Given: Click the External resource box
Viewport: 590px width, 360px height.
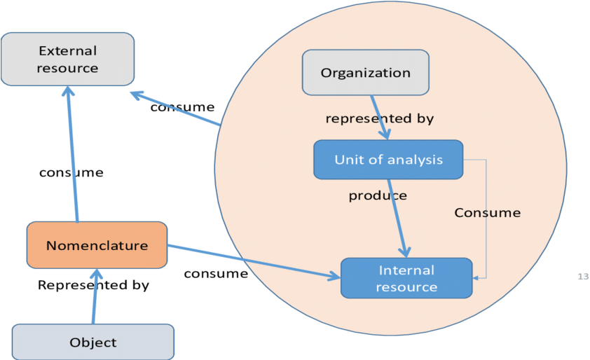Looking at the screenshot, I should tap(67, 60).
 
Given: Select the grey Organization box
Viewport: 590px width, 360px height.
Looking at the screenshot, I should tap(365, 73).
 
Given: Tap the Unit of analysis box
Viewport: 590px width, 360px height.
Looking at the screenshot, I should tap(388, 160).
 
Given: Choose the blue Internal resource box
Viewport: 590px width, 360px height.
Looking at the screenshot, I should tap(406, 278).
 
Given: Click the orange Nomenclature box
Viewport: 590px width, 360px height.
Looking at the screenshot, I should tap(97, 245).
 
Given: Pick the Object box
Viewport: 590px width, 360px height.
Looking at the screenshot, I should tap(93, 342).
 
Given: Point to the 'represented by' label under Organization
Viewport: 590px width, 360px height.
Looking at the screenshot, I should tap(379, 119).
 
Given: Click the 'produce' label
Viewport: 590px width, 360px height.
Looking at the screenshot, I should tap(378, 195).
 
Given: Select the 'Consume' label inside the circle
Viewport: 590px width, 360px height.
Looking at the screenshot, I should tap(487, 212).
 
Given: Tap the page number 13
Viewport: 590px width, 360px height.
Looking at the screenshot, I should tap(582, 277).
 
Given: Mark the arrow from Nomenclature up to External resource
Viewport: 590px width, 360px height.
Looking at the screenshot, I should tap(72, 154).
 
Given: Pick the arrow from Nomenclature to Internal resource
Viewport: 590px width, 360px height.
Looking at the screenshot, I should tap(252, 260).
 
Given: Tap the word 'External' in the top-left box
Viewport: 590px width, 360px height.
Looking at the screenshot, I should tap(67, 51).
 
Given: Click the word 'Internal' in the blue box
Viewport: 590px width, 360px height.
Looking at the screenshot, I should tap(406, 270).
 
